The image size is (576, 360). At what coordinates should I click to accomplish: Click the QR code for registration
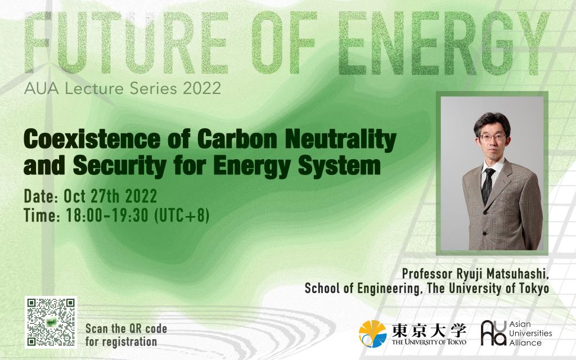click(51, 322)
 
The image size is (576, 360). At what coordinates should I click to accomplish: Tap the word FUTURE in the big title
click(125, 42)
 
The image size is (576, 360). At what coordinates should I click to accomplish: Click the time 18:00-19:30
click(107, 215)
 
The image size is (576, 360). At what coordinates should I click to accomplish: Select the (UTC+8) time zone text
click(182, 215)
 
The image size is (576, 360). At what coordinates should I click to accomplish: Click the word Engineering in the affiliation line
click(389, 289)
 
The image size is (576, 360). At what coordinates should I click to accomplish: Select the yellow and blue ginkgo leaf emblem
click(372, 334)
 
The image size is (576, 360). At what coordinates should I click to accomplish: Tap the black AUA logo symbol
click(493, 333)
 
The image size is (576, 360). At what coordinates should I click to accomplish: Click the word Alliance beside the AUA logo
click(525, 343)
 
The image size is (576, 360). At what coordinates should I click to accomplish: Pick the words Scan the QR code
click(126, 328)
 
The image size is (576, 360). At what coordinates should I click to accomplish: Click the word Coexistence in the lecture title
click(92, 139)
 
